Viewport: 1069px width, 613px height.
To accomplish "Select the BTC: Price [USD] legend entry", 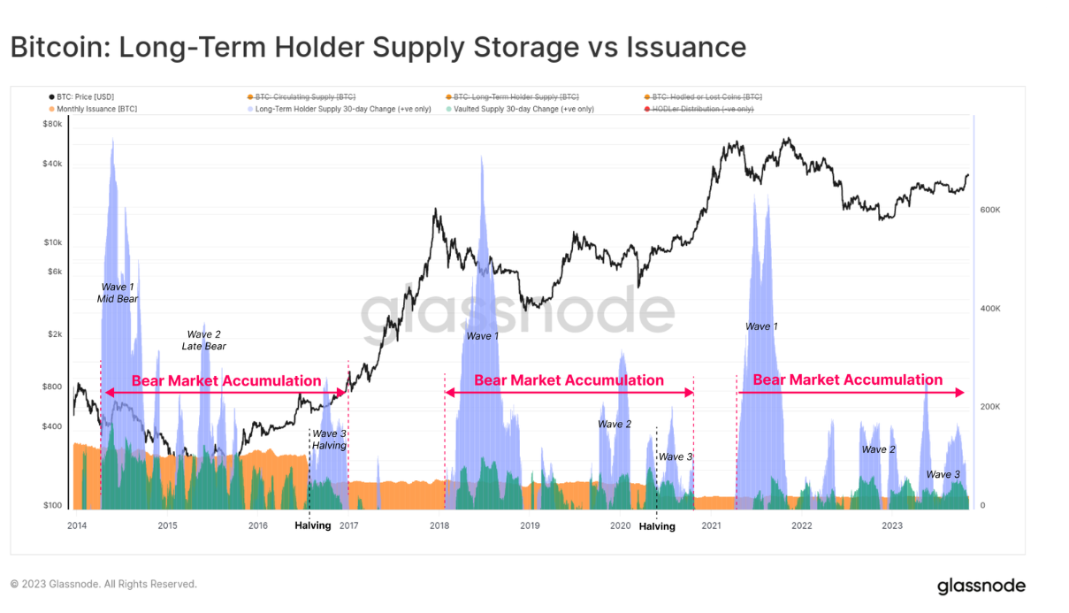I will point(82,96).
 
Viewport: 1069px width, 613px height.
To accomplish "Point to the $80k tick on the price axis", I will point(53,125).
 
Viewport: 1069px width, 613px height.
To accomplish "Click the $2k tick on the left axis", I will point(55,334).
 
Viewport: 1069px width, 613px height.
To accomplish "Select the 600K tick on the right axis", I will point(989,210).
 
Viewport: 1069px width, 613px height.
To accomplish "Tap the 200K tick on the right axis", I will point(989,407).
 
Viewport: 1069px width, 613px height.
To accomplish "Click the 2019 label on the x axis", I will point(530,525).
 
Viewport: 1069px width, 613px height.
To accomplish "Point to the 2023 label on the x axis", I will point(892,525).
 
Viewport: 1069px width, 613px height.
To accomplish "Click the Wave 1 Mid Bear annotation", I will point(118,293).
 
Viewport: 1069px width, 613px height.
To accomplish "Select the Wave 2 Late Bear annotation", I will point(204,340).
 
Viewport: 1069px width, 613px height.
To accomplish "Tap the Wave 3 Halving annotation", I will point(329,440).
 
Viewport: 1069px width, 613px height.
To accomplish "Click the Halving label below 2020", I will point(657,526).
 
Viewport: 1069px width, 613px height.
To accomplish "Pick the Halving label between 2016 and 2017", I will point(313,525).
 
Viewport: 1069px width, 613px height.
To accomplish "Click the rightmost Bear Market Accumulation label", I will point(847,380).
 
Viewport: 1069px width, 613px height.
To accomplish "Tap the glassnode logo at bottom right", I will point(981,586).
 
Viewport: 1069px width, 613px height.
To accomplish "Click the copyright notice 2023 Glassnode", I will point(103,584).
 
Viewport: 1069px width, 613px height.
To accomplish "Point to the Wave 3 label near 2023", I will point(943,475).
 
